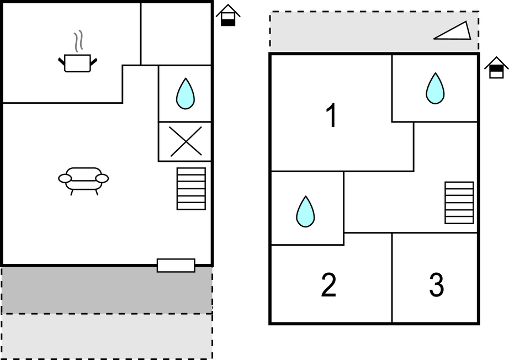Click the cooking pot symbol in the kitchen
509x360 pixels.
(77, 62)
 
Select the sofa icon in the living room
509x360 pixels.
(83, 179)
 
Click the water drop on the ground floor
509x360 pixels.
(185, 93)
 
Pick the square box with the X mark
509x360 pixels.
(185, 141)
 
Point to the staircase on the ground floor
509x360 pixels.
(191, 189)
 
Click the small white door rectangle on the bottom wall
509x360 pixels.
(176, 266)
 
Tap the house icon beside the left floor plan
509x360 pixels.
(228, 15)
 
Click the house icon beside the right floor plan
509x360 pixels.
(496, 67)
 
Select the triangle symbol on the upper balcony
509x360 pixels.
(454, 32)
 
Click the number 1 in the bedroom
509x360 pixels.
(331, 116)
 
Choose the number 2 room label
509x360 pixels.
(328, 285)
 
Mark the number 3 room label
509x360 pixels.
(436, 285)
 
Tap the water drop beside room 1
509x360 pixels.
(435, 88)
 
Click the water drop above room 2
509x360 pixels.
(305, 211)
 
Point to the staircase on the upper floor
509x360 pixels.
(459, 203)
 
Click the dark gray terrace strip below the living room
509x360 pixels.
(107, 290)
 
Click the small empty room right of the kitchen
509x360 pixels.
(177, 33)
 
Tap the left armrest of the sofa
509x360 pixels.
(65, 178)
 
